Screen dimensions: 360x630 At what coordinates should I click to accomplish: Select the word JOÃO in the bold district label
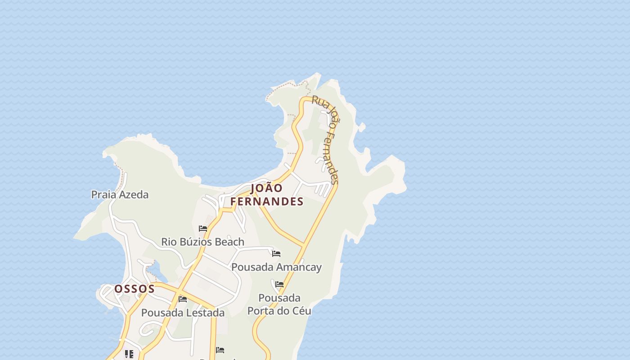click(267, 188)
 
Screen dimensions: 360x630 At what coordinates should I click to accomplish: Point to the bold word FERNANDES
click(267, 202)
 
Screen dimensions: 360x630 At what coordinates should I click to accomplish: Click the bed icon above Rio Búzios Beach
click(203, 229)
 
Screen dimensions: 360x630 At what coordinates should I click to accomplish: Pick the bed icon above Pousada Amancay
click(276, 254)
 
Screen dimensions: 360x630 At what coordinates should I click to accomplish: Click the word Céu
click(301, 310)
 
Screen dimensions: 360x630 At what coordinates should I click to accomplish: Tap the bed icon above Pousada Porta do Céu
click(279, 284)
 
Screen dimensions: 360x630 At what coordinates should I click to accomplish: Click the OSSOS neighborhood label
click(134, 289)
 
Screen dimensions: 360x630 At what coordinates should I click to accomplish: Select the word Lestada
click(205, 313)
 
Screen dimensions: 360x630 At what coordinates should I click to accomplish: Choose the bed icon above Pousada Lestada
click(183, 299)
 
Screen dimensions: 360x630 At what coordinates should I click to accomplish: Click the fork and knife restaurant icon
click(129, 354)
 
